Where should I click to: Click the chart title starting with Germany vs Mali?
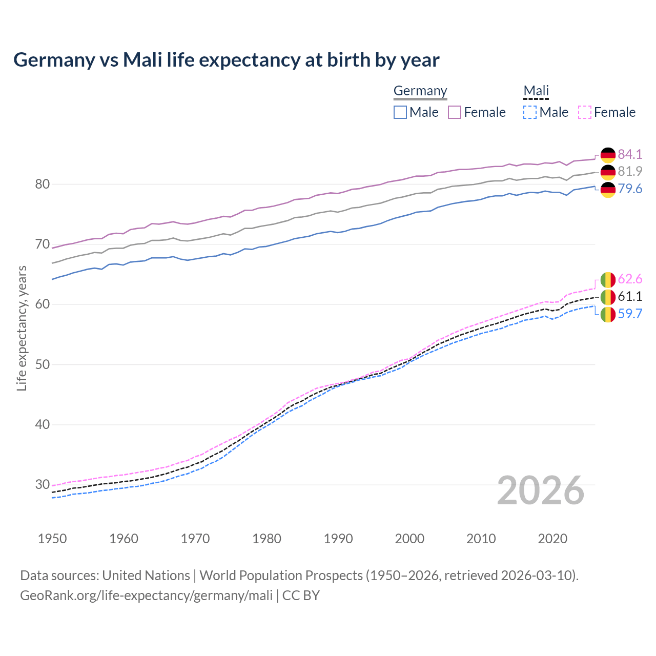226,60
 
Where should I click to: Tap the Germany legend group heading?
420,91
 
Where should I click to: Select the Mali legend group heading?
536,91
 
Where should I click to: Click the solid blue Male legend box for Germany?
400,112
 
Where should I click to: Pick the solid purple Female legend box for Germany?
455,112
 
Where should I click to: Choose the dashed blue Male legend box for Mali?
530,112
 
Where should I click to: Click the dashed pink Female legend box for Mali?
585,112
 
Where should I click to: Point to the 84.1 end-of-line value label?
630,154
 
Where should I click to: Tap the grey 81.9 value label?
630,171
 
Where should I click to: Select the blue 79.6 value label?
630,189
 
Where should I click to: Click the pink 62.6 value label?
630,279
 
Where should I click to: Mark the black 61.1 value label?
630,296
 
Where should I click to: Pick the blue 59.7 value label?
630,314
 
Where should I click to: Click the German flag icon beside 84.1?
608,155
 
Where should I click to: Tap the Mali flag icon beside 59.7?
608,315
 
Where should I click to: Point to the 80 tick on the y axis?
42,184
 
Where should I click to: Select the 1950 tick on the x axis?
52,539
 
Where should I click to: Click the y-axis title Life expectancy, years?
22,328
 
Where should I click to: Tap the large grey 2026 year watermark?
540,490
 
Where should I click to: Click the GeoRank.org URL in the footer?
146,595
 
